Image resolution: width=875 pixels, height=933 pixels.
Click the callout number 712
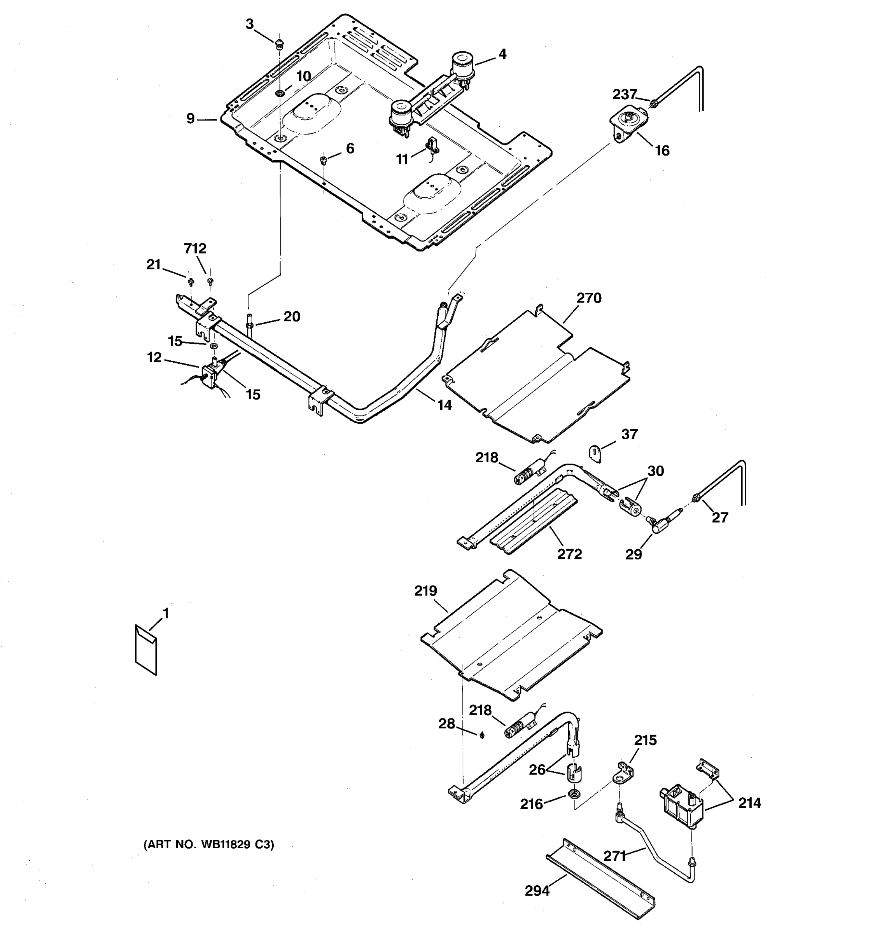pyautogui.click(x=195, y=248)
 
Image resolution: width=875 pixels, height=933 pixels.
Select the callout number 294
pyautogui.click(x=537, y=890)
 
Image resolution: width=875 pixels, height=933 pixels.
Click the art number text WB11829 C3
pyautogui.click(x=208, y=845)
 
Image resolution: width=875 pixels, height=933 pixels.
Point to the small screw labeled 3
pyautogui.click(x=280, y=45)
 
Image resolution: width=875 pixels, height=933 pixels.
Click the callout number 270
pyautogui.click(x=589, y=298)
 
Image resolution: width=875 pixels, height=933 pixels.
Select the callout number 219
pyautogui.click(x=425, y=591)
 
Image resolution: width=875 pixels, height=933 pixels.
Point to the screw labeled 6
pyautogui.click(x=323, y=161)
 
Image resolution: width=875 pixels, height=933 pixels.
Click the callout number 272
pyautogui.click(x=569, y=554)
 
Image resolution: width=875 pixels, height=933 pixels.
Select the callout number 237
pyautogui.click(x=624, y=94)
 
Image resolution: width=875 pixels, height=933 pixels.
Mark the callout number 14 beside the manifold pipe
pyautogui.click(x=444, y=405)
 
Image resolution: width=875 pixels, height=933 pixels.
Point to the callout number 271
pyautogui.click(x=614, y=856)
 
